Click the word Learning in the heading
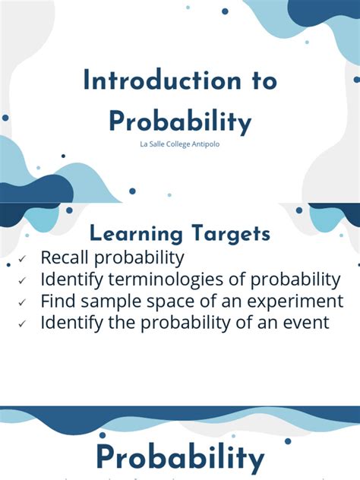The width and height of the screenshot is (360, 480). tap(134, 235)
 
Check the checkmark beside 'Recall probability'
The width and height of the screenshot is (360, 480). tap(24, 259)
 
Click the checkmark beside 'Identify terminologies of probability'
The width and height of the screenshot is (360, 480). tap(24, 281)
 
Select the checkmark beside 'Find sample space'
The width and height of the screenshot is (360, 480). tap(24, 302)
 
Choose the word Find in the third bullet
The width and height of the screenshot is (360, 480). tap(58, 300)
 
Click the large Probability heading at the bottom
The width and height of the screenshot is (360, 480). tap(180, 458)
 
